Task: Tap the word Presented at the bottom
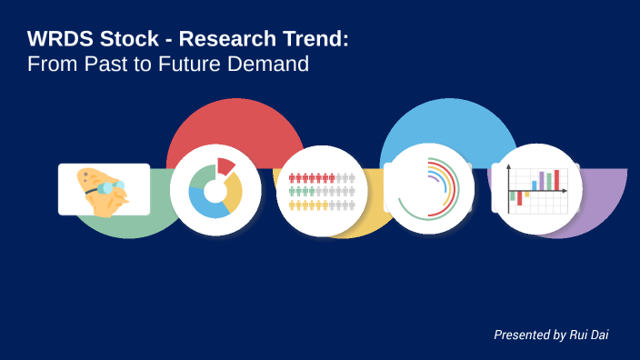click(522, 335)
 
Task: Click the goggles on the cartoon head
click(108, 188)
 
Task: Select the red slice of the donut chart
click(225, 166)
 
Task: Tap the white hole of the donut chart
click(215, 190)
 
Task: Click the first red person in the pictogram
click(293, 178)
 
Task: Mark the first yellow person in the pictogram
click(293, 205)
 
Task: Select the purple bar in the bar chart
click(542, 180)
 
